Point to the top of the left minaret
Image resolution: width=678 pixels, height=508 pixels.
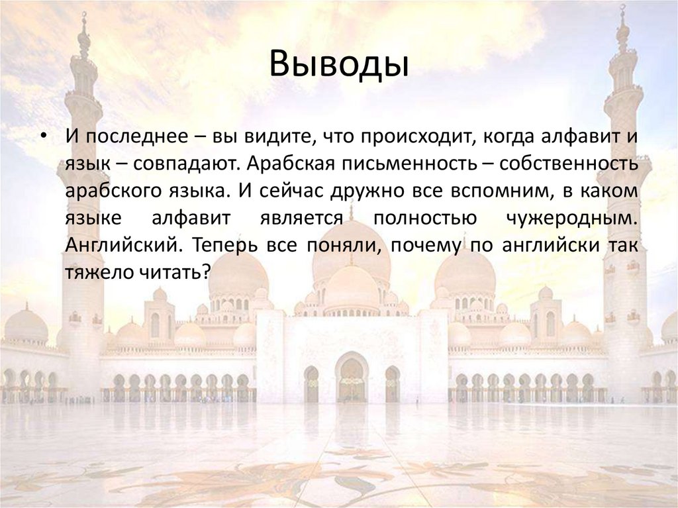[x=83, y=20]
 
